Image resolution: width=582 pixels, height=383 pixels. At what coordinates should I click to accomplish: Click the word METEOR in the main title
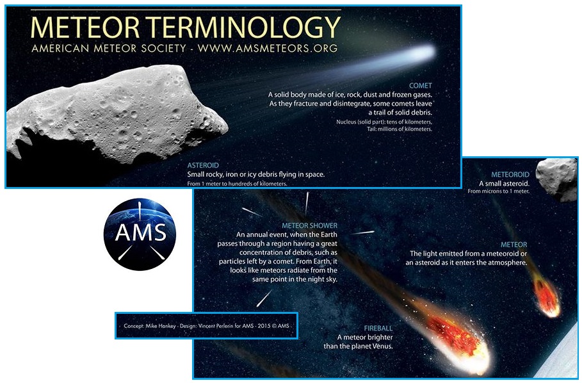pyautogui.click(x=85, y=28)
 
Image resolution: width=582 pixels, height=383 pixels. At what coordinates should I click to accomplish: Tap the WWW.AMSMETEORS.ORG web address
pyautogui.click(x=268, y=48)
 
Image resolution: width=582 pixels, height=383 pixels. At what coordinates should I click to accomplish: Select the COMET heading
pyautogui.click(x=421, y=85)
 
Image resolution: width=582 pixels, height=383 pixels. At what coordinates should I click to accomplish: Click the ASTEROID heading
pyautogui.click(x=203, y=165)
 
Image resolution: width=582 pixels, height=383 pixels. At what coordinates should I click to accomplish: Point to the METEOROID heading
pyautogui.click(x=510, y=174)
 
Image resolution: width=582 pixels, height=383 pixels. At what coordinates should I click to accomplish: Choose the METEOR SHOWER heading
pyautogui.click(x=309, y=225)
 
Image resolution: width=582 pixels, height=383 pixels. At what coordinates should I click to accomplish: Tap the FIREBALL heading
pyautogui.click(x=378, y=329)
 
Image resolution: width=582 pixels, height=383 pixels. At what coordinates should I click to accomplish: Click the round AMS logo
pyautogui.click(x=140, y=234)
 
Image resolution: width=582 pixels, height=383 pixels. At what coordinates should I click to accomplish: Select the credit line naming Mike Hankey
pyautogui.click(x=206, y=326)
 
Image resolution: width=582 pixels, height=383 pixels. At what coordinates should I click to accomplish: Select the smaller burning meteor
pyautogui.click(x=546, y=297)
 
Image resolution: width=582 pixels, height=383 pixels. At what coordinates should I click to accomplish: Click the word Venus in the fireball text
pyautogui.click(x=382, y=346)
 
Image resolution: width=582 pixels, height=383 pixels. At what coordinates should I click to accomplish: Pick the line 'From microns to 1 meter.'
pyautogui.click(x=499, y=191)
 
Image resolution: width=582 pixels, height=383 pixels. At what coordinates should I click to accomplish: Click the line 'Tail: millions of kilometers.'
pyautogui.click(x=400, y=129)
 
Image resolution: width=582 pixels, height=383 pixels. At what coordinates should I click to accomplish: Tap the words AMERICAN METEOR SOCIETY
pyautogui.click(x=109, y=48)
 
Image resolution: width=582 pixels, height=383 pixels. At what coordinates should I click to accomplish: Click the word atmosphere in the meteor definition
pyautogui.click(x=508, y=263)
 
